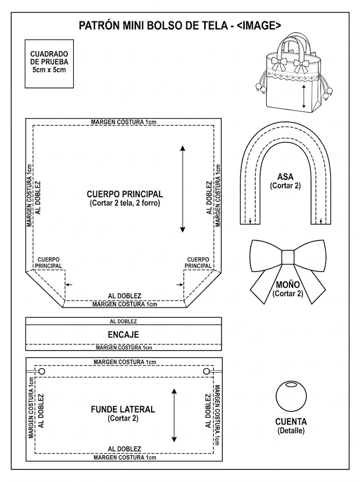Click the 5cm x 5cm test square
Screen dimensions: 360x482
coord(49,64)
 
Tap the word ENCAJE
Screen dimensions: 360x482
coord(123,335)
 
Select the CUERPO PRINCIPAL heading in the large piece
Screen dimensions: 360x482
coord(125,194)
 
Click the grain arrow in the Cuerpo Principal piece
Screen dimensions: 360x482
coord(183,189)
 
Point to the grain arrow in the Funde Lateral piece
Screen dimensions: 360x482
coord(174,415)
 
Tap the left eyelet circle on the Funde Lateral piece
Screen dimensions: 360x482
coord(42,371)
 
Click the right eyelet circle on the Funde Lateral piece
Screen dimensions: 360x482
coord(207,371)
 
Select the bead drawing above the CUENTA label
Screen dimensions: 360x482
coord(291,396)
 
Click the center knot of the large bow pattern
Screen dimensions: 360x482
coord(288,257)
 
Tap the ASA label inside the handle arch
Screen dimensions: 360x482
coord(285,177)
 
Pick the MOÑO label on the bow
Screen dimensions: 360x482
coord(288,285)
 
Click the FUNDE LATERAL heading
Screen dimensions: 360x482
coord(123,409)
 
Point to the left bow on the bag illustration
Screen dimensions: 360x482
coord(279,64)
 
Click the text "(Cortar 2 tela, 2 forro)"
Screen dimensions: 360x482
coord(125,203)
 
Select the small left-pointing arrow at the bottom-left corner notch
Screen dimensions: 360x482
coord(69,285)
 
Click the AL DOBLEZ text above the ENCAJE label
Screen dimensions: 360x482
coord(123,321)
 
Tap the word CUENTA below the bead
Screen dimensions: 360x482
coord(291,421)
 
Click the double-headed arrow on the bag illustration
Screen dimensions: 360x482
coord(304,96)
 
